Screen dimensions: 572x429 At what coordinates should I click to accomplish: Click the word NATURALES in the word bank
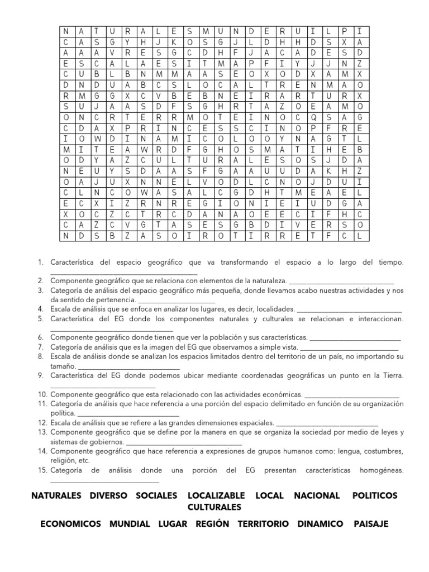pyautogui.click(x=56, y=495)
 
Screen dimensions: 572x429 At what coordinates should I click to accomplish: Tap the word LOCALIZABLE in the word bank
pyautogui.click(x=216, y=495)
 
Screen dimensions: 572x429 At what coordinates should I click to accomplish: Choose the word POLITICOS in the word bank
pyautogui.click(x=375, y=495)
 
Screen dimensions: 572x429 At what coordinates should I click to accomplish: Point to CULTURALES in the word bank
pyautogui.click(x=214, y=507)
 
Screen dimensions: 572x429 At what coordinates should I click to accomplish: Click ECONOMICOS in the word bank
pyautogui.click(x=71, y=524)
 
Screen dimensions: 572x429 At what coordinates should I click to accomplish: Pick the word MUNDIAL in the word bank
pyautogui.click(x=130, y=524)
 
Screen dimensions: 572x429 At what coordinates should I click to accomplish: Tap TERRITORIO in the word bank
pyautogui.click(x=263, y=524)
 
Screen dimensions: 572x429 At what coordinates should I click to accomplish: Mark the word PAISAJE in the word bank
pyautogui.click(x=371, y=524)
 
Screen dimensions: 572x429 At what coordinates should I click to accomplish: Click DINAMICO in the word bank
pyautogui.click(x=321, y=524)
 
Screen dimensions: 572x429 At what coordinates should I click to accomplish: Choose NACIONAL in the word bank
pyautogui.click(x=316, y=495)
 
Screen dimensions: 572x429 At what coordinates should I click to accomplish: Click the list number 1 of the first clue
pyautogui.click(x=41, y=262)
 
